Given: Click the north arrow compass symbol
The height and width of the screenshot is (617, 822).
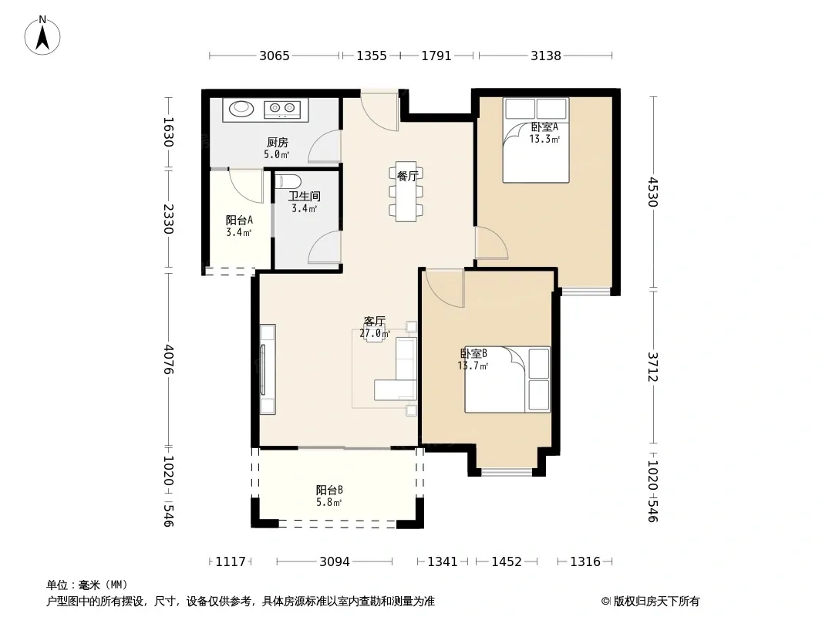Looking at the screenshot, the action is coord(42,35).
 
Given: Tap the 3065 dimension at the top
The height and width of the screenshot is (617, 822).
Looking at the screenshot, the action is coord(275,56).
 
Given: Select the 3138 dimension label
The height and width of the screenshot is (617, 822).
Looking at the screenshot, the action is coord(546,56).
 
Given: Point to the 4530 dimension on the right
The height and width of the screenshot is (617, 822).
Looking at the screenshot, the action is coord(652,192).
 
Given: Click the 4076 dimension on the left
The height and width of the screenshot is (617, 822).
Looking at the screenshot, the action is coord(168,359).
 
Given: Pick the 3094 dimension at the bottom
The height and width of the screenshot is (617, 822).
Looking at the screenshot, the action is coord(335,562).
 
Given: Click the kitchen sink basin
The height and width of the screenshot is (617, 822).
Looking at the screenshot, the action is coord(241,109).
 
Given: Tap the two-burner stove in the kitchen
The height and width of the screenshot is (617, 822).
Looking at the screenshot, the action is coord(282,109).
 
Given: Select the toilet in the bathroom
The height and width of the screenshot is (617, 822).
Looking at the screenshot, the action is coord(288,181).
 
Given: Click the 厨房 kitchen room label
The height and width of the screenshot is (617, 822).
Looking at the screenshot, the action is coord(278,143).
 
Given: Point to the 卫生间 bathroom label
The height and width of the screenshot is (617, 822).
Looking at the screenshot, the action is coord(304,196).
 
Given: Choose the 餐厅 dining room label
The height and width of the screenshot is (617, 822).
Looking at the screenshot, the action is coord(407,176).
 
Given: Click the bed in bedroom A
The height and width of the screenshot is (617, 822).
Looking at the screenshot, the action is coord(536,140).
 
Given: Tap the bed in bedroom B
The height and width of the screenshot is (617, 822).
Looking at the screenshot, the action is coord(507,379).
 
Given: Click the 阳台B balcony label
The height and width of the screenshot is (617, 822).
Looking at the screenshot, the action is coord(329,491).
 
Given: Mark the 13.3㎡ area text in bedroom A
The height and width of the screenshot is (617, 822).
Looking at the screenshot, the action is coord(544,139).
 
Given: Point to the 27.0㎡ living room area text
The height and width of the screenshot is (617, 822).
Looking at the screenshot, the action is coord(374,333).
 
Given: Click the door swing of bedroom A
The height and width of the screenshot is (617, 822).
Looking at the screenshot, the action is coord(491,242).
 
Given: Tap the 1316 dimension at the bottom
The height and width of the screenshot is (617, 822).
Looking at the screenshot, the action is coord(585,562).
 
